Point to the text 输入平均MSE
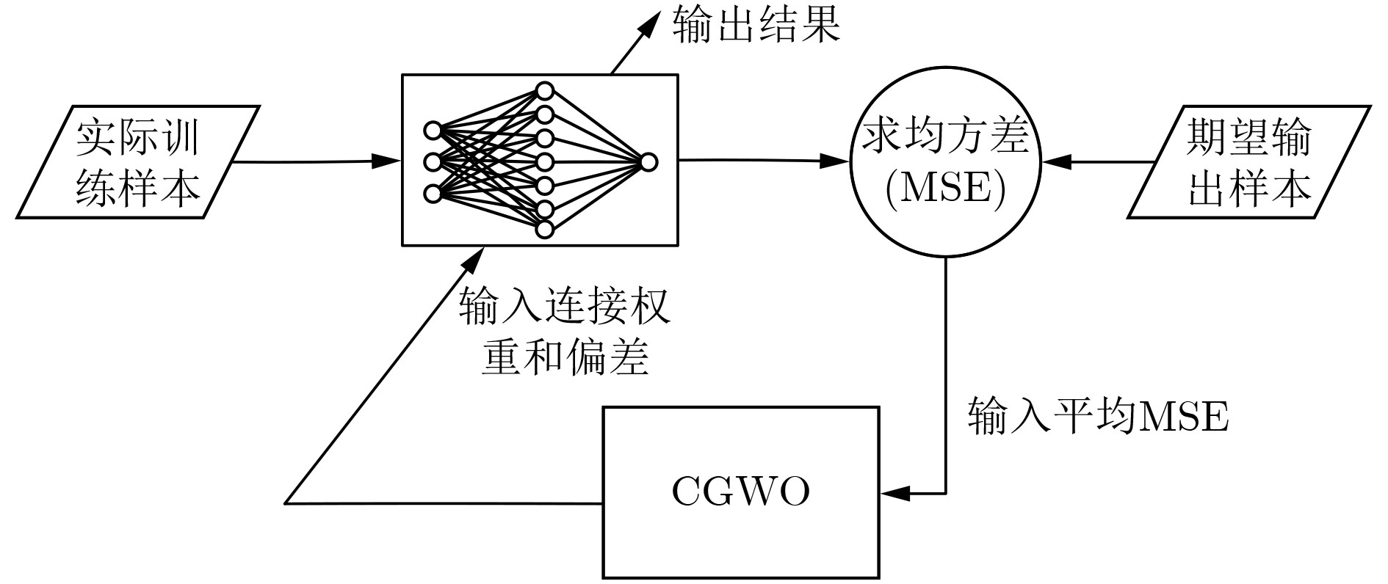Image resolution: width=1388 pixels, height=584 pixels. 1098,417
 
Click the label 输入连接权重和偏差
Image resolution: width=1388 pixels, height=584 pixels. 565,332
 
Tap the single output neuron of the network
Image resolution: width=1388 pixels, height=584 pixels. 648,162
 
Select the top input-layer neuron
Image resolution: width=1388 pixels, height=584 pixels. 433,131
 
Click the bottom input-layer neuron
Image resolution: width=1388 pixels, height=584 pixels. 433,194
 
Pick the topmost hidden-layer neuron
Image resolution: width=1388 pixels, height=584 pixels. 544,91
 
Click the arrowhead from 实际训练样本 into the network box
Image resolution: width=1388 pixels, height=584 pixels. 387,161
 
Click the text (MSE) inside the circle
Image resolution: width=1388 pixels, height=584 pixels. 945,189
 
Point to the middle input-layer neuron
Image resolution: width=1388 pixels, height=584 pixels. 433,162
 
